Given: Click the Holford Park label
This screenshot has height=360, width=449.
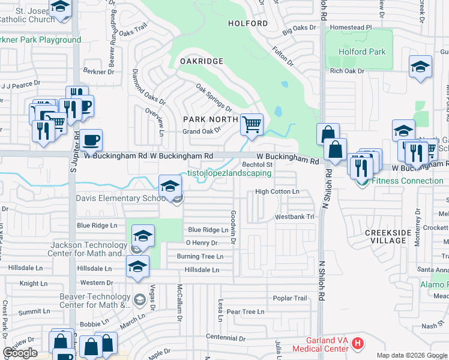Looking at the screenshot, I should click(x=362, y=52).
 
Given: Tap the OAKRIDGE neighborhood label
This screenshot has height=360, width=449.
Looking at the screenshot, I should click(x=202, y=61).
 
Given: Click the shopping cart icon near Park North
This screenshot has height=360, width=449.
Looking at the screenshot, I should click(x=252, y=125).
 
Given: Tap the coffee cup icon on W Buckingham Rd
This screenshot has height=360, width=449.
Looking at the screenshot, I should click(x=91, y=141).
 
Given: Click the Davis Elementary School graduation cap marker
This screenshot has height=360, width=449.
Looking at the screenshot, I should click(x=170, y=186).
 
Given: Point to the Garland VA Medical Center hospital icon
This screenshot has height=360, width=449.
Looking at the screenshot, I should click(x=358, y=344).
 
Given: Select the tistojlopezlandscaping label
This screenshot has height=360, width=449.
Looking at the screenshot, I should click(x=229, y=173).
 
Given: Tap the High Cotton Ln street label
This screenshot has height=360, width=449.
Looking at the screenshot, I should click(x=277, y=191).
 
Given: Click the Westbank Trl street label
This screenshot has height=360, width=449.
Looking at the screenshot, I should click(x=294, y=217).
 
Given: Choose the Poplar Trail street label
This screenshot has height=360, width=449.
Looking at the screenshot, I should click(x=290, y=298).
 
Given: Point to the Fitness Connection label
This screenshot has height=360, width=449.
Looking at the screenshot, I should click(x=408, y=181).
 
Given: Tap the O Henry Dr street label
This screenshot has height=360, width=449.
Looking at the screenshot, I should click(x=201, y=243).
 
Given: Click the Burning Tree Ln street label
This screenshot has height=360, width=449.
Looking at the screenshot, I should click(x=200, y=256).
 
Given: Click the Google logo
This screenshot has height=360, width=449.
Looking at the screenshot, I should click(x=20, y=353).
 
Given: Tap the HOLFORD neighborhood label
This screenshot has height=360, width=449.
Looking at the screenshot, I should click(x=248, y=23).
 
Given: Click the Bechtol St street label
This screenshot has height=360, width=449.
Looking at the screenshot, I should click(x=258, y=164).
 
